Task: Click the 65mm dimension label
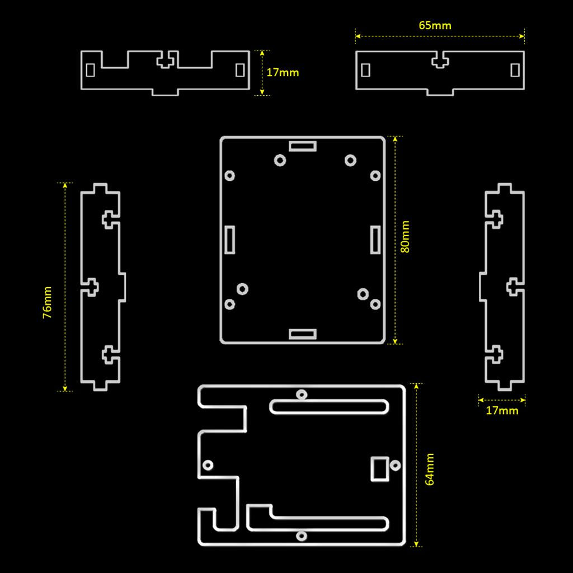(435, 25)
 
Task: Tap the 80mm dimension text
(406, 237)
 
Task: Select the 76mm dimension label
(48, 303)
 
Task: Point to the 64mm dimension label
(430, 469)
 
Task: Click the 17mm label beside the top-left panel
(283, 73)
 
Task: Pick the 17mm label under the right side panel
(502, 411)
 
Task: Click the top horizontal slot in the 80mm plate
(303, 146)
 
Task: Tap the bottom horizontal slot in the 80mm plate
(303, 334)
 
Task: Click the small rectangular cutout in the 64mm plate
(379, 468)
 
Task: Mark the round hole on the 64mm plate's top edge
(302, 394)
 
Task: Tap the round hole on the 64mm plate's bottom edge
(302, 536)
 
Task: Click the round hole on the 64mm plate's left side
(208, 465)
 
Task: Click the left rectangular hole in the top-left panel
(90, 71)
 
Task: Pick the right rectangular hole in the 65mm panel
(515, 70)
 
